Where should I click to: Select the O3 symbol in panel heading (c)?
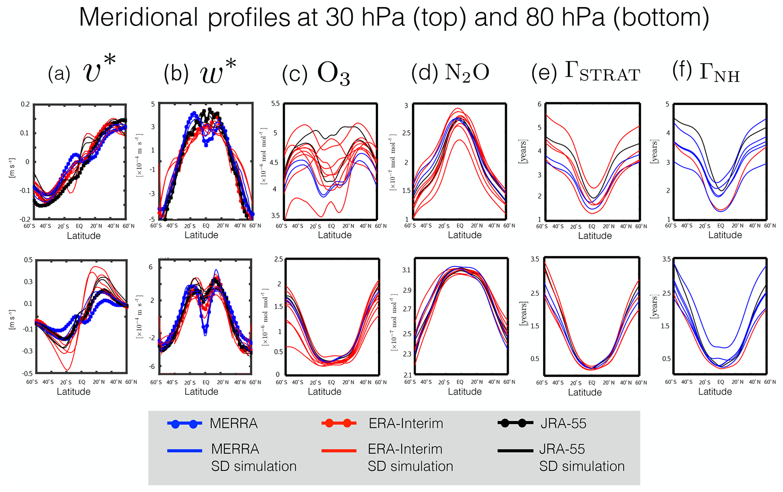[333, 73]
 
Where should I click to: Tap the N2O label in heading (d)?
[467, 72]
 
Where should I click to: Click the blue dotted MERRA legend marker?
[184, 423]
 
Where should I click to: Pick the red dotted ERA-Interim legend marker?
[339, 423]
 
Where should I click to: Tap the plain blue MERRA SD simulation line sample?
[184, 450]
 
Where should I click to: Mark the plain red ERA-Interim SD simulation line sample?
[339, 450]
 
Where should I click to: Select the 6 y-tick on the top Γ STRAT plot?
[539, 105]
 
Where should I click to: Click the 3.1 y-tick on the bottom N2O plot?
[406, 270]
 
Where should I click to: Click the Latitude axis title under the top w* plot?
[201, 235]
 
